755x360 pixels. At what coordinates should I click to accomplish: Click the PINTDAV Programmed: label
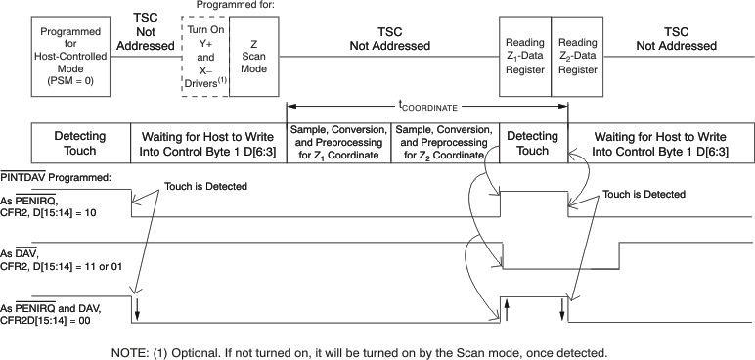[x=56, y=177]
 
